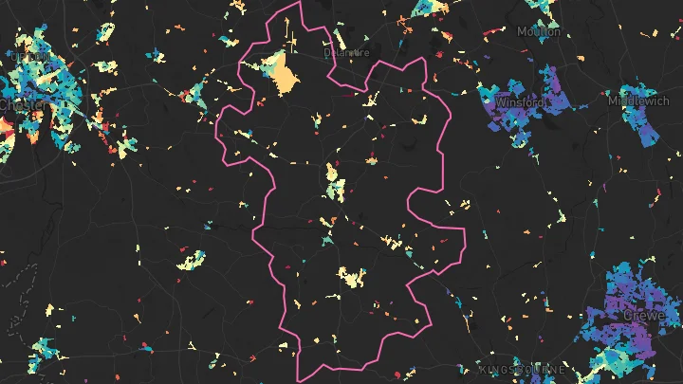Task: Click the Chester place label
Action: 17,103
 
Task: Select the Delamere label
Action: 345,53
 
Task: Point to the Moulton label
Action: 539,31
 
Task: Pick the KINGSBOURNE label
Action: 523,370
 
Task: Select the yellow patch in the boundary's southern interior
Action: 352,277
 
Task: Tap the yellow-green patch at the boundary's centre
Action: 333,182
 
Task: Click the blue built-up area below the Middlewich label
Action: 645,123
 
